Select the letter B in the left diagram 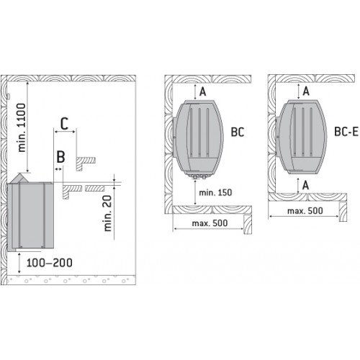tap(61, 156)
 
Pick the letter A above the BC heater tap(202, 91)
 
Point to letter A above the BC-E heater tap(306, 91)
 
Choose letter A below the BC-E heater tap(306, 185)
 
